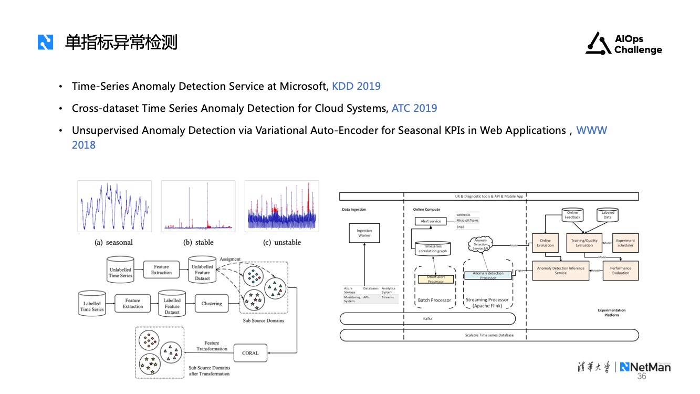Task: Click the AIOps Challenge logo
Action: coord(624,44)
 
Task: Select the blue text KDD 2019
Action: coord(356,86)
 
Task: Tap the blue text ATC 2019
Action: coord(414,108)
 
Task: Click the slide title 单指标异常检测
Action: coord(121,42)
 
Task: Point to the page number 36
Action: coord(642,377)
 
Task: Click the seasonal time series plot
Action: coord(114,206)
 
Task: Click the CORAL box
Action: coord(250,353)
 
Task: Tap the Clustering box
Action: coord(212,304)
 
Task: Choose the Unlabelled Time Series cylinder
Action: coord(120,269)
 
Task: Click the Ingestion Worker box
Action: coord(364,233)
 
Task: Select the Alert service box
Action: coord(431,221)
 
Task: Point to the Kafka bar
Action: coord(427,318)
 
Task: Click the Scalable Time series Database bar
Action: coord(489,335)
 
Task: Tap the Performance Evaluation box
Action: coord(620,271)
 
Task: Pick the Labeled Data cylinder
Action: coord(608,215)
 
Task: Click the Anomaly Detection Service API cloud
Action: coord(480,244)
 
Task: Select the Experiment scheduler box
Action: coord(625,243)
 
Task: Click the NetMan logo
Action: coord(645,367)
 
